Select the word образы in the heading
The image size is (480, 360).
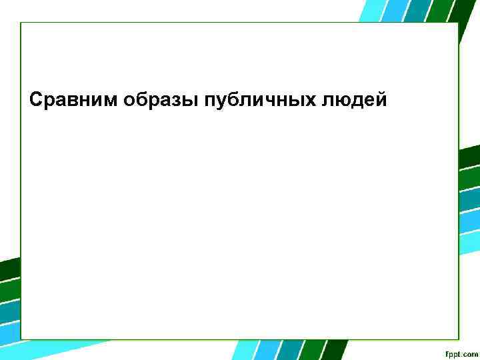coord(147,100)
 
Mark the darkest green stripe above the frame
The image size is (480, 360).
coord(463,11)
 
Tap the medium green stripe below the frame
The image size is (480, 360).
coord(312,350)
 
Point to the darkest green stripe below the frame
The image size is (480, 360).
coord(335,350)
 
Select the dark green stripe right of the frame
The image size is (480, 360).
coord(469,155)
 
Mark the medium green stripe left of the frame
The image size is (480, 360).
coord(9,291)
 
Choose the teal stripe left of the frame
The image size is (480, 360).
coord(9,312)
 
